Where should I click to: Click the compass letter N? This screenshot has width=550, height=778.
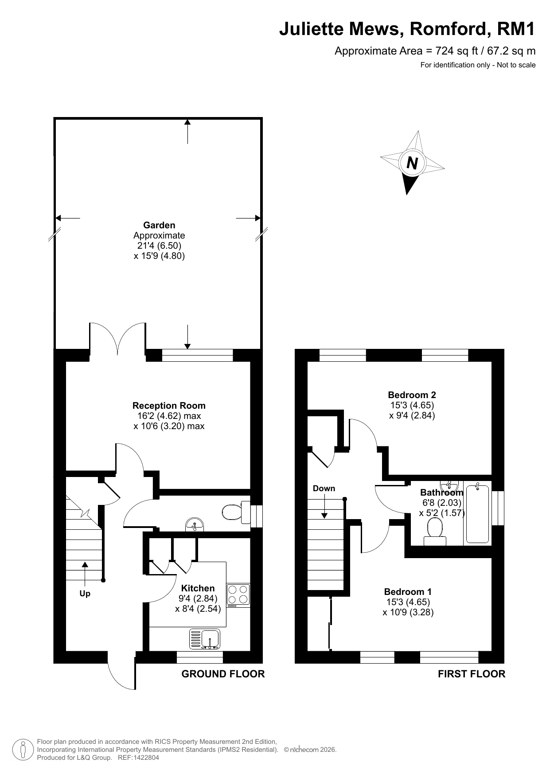click(412, 163)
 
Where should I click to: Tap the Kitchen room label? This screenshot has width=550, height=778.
click(198, 588)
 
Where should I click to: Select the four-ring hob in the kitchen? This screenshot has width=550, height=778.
click(238, 595)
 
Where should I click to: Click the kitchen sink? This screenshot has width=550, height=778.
click(205, 639)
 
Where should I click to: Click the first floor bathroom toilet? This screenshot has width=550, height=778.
click(435, 532)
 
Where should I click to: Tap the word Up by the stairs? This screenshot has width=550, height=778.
click(85, 594)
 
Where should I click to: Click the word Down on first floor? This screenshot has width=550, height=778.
click(324, 489)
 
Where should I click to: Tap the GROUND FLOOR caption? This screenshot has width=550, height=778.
click(223, 674)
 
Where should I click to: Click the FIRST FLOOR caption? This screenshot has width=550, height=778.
click(472, 674)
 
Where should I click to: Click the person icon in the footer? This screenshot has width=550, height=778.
click(23, 749)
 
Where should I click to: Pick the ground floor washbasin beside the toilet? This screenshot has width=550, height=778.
click(194, 525)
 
